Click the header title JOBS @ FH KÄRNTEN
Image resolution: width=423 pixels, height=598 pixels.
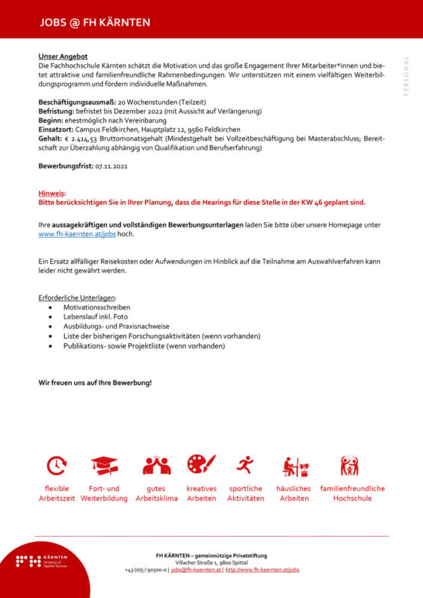click(x=95, y=22)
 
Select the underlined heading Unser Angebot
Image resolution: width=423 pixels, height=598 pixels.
click(x=63, y=56)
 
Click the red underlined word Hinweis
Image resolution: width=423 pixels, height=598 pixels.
click(x=52, y=193)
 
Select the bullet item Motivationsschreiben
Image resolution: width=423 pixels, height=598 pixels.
click(x=96, y=307)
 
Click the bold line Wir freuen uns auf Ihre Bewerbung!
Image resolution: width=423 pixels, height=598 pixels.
click(x=95, y=383)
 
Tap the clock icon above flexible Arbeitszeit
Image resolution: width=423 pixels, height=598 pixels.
click(x=57, y=466)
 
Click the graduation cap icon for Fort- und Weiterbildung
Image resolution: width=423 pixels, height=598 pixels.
click(x=105, y=466)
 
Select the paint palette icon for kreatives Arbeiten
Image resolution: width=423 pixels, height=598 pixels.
click(x=201, y=465)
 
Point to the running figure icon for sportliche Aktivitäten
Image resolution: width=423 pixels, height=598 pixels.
click(x=245, y=466)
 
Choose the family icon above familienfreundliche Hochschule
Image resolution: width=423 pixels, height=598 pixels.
click(x=349, y=466)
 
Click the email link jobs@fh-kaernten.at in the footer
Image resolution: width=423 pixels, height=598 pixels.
click(x=196, y=570)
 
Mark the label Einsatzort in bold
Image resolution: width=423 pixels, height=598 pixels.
click(x=55, y=129)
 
